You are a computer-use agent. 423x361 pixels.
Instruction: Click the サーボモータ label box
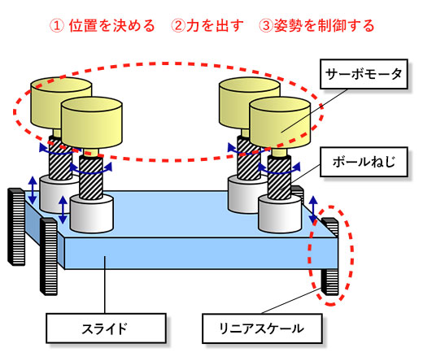[x=364, y=74]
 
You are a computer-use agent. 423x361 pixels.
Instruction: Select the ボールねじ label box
[x=364, y=162]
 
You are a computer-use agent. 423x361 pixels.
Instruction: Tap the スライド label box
[x=106, y=328]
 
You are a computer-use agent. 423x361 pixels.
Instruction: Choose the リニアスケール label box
[x=262, y=328]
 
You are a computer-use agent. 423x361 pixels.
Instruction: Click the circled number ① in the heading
[x=57, y=26]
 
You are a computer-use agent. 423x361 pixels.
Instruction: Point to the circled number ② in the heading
[x=178, y=26]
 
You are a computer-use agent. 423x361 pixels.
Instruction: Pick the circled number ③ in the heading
[x=266, y=26]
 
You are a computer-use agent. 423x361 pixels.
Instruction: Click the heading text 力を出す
[x=215, y=26]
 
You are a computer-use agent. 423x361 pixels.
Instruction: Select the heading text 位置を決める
[x=111, y=26]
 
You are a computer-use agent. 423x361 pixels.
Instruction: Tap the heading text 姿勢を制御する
[x=325, y=26]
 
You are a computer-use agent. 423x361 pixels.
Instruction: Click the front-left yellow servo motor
[x=92, y=123]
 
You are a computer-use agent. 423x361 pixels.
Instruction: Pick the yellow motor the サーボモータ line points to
[x=280, y=123]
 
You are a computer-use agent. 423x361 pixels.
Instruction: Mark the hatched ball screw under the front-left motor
[x=91, y=177]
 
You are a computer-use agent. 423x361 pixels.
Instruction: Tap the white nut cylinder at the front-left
[x=91, y=214]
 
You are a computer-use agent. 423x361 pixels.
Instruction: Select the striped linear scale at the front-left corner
[x=49, y=256]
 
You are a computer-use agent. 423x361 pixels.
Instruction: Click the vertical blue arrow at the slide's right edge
[x=313, y=209]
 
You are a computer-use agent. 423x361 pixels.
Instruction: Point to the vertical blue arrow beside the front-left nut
[x=63, y=210]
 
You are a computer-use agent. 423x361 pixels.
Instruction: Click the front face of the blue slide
[x=201, y=253]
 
